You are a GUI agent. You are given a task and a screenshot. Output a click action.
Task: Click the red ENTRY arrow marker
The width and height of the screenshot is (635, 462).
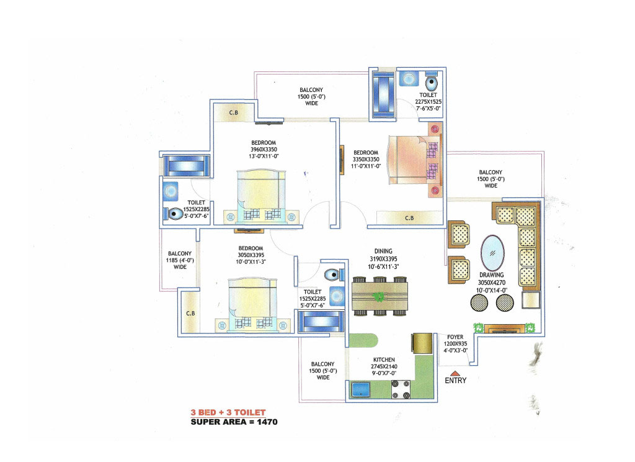(455, 373)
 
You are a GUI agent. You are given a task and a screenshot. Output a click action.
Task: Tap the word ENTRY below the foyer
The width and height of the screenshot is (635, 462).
(456, 381)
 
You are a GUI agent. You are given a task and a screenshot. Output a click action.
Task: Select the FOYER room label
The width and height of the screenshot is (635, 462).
(455, 337)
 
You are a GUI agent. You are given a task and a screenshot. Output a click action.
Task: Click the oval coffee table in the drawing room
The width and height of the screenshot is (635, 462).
(492, 253)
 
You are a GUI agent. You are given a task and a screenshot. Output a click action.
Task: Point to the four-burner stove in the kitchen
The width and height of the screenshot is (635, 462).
(401, 389)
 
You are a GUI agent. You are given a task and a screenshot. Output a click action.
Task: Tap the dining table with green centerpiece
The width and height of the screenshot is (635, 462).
(380, 296)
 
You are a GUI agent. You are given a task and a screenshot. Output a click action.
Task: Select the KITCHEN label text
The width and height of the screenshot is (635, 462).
(384, 360)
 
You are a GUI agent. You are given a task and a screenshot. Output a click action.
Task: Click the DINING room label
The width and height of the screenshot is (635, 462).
(383, 251)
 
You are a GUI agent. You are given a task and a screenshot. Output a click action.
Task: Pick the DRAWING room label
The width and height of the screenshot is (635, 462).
(492, 275)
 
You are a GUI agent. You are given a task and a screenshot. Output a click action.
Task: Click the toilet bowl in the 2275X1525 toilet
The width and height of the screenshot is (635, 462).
(432, 83)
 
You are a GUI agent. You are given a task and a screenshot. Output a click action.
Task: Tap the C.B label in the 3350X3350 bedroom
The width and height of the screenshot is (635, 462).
(409, 218)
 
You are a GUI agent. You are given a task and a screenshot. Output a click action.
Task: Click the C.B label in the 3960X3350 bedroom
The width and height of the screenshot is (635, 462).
(234, 113)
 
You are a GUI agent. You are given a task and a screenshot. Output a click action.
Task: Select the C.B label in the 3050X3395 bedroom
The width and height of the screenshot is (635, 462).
(190, 314)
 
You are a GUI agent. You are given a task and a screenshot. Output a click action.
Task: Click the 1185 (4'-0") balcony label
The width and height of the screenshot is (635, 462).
(180, 260)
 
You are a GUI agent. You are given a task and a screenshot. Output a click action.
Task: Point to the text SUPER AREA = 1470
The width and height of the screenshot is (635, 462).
(234, 422)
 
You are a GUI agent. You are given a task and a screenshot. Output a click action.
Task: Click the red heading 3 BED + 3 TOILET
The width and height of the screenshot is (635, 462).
(228, 412)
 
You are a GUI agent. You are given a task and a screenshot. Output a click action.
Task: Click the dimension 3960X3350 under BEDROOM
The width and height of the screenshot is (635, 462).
(264, 150)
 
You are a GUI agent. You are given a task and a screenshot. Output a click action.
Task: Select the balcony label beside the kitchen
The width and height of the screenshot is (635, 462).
(322, 371)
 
